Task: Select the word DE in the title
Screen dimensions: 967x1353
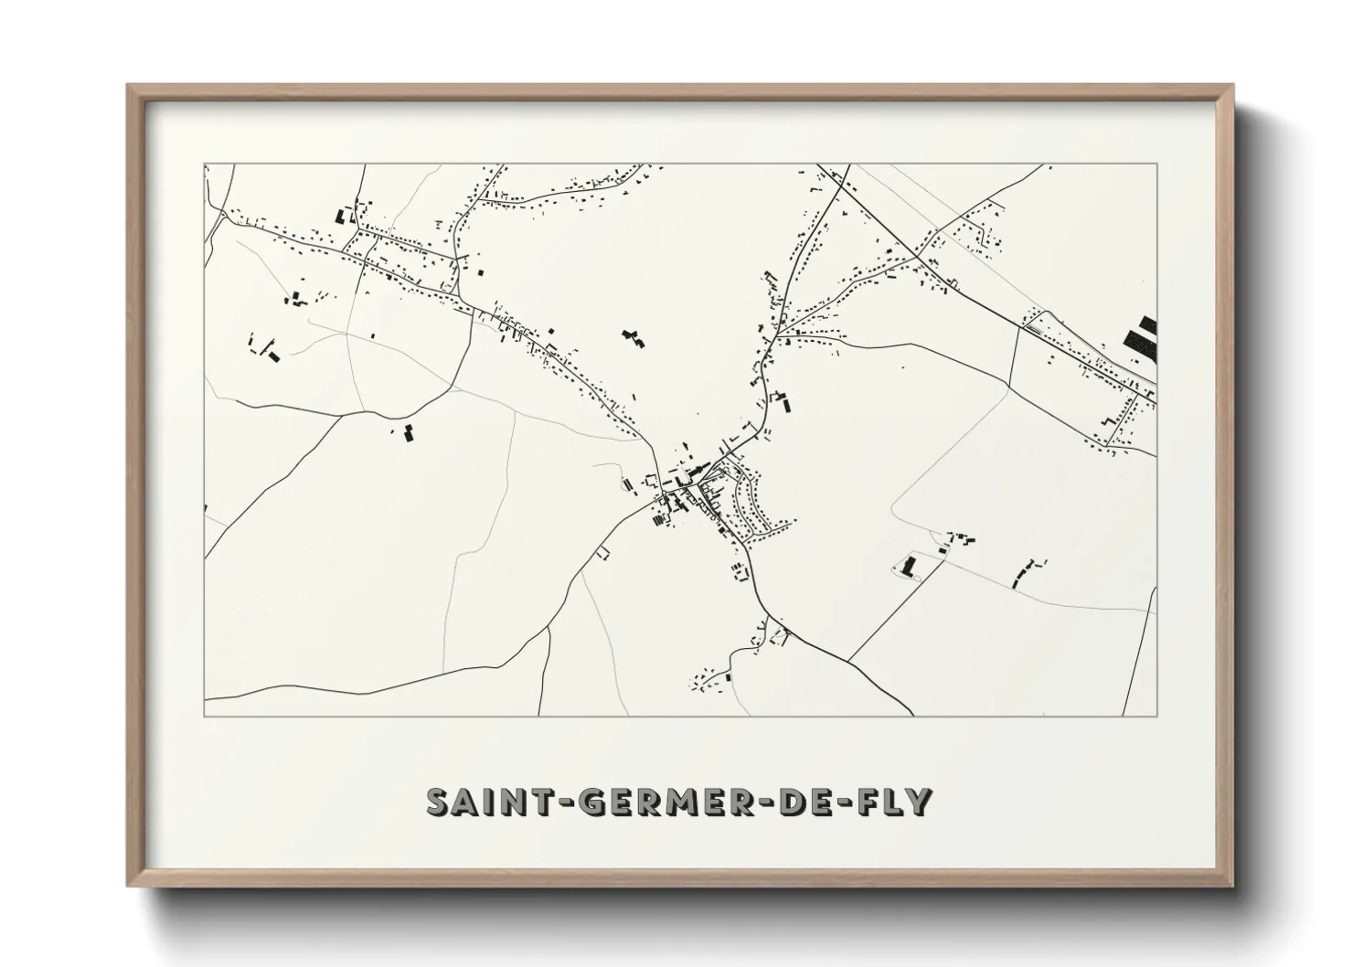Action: coord(800,802)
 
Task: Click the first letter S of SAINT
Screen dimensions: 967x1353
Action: coord(439,802)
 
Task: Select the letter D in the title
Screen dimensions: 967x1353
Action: coord(787,802)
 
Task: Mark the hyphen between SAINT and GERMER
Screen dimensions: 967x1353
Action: coord(549,803)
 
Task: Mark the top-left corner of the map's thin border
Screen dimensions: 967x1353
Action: coord(204,165)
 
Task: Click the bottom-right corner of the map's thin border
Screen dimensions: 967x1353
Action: coord(1156,716)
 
